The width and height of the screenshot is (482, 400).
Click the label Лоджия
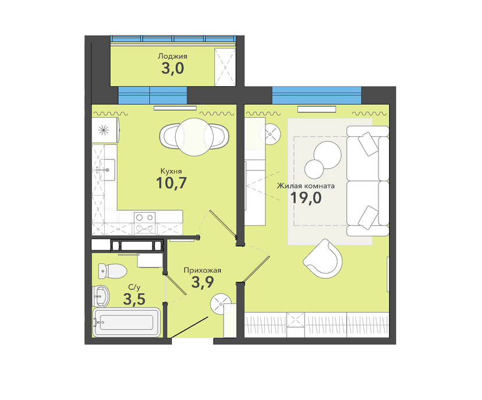pos(172,56)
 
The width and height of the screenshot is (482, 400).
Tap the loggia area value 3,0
pos(172,68)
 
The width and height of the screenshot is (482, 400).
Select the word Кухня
pos(171,171)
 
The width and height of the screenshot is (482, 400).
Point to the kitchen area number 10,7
pos(171,183)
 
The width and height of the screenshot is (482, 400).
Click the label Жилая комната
pos(306,186)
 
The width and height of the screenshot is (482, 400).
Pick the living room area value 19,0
pos(306,198)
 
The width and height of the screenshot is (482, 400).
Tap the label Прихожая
pos(202,270)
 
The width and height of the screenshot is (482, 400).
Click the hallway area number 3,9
pos(202,282)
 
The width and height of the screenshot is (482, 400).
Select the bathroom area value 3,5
pos(134,299)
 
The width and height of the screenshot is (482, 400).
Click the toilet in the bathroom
pos(112,271)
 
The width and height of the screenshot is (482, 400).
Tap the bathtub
pos(126,322)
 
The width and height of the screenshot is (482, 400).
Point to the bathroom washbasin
pos(101,296)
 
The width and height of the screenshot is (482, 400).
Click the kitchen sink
pos(107,169)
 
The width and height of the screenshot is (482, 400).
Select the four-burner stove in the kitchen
pos(144,223)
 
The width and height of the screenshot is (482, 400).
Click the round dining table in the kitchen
pos(194,137)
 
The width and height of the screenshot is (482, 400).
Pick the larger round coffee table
pos(327,155)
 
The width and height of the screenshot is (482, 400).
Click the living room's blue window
pos(317,95)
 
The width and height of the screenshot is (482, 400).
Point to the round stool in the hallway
pos(220,304)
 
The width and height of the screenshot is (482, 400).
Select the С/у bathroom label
pos(134,288)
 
